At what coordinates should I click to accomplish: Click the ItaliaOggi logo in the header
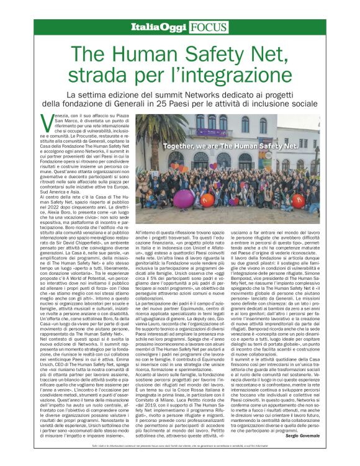tap(158, 27)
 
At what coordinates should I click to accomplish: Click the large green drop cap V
tap(45, 121)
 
